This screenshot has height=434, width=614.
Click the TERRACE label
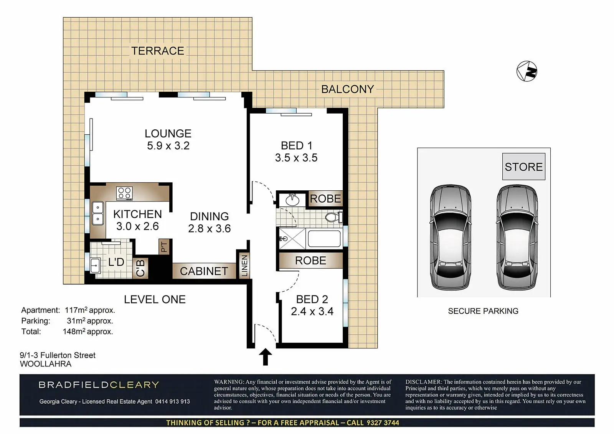[x=158, y=51]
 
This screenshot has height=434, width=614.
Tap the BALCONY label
[x=348, y=89]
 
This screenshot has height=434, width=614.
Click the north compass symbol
[x=527, y=71]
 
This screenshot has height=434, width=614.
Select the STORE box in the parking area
[x=523, y=167]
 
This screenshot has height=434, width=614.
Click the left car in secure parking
[x=451, y=238]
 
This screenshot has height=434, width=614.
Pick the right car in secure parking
[x=517, y=238]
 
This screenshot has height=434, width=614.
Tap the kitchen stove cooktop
[x=124, y=193]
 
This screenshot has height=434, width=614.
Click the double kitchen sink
[x=97, y=213]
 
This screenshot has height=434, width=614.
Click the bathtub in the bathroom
[x=324, y=239]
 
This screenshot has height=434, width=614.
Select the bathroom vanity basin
[x=292, y=200]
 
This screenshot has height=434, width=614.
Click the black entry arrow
[x=265, y=357]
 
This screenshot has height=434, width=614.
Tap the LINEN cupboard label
[x=244, y=266]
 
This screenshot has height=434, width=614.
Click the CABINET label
[x=204, y=271]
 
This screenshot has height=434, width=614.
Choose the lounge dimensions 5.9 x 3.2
[x=168, y=145]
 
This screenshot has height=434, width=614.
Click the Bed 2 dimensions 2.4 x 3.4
[x=312, y=312]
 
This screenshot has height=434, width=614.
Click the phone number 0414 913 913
[x=172, y=401]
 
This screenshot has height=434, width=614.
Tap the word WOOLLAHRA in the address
[x=46, y=364]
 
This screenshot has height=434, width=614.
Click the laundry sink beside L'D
[x=95, y=266]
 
